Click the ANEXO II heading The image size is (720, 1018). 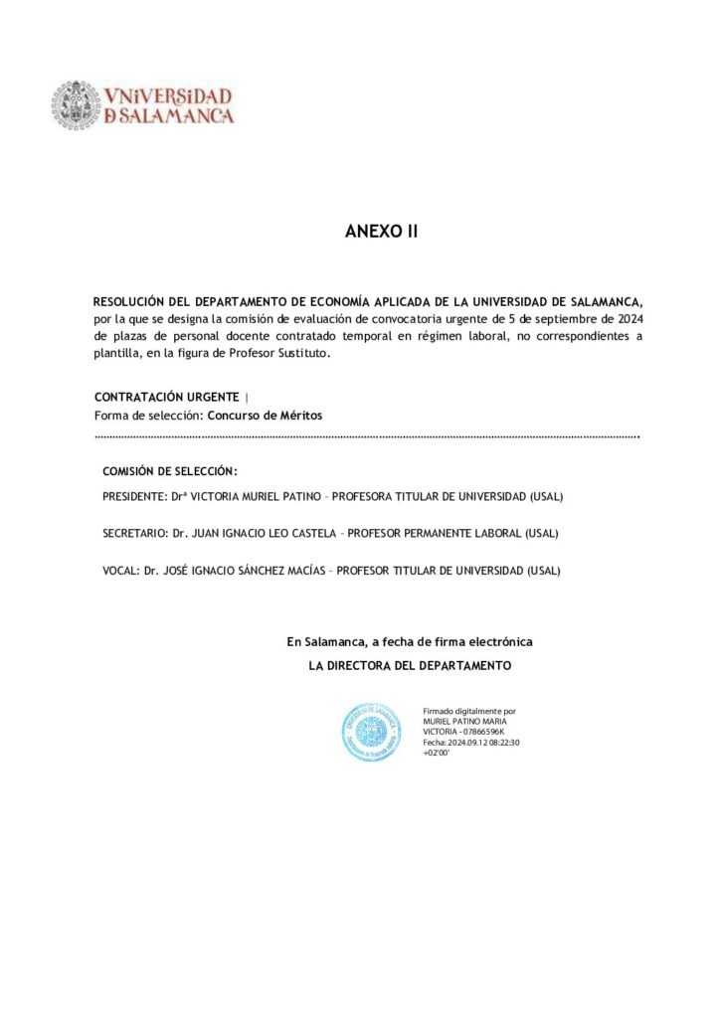pos(382,232)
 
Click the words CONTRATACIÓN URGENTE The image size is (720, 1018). pos(166,398)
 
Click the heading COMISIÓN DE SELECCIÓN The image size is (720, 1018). pos(170,471)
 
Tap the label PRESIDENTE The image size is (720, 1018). pos(134,496)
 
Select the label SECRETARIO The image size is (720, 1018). pos(133,534)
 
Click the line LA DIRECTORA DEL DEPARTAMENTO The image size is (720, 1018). pos(410,665)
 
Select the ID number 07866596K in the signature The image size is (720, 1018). pos(480,732)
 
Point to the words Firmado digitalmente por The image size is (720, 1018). pos(468,711)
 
